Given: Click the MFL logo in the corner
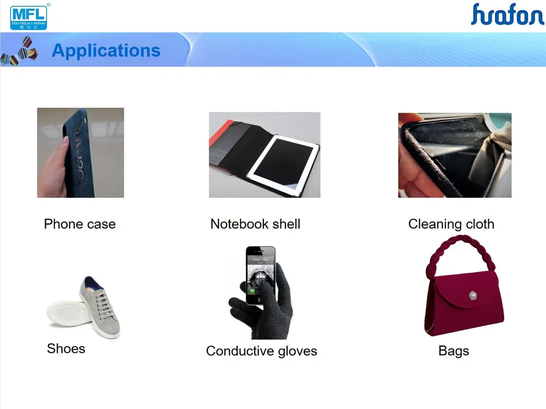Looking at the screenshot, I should tap(29, 16).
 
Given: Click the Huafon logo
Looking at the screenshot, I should tap(507, 14).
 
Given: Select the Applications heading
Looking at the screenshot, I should tap(106, 50).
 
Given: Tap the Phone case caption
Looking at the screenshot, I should tap(80, 224).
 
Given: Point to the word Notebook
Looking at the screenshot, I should tap(240, 224).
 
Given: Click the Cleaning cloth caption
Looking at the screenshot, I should tap(451, 224).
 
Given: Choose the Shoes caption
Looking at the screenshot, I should tap(66, 349).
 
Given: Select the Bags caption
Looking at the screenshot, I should tap(454, 351).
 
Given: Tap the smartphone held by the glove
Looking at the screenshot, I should tap(260, 276).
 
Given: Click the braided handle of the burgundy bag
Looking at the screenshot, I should tap(459, 249).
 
